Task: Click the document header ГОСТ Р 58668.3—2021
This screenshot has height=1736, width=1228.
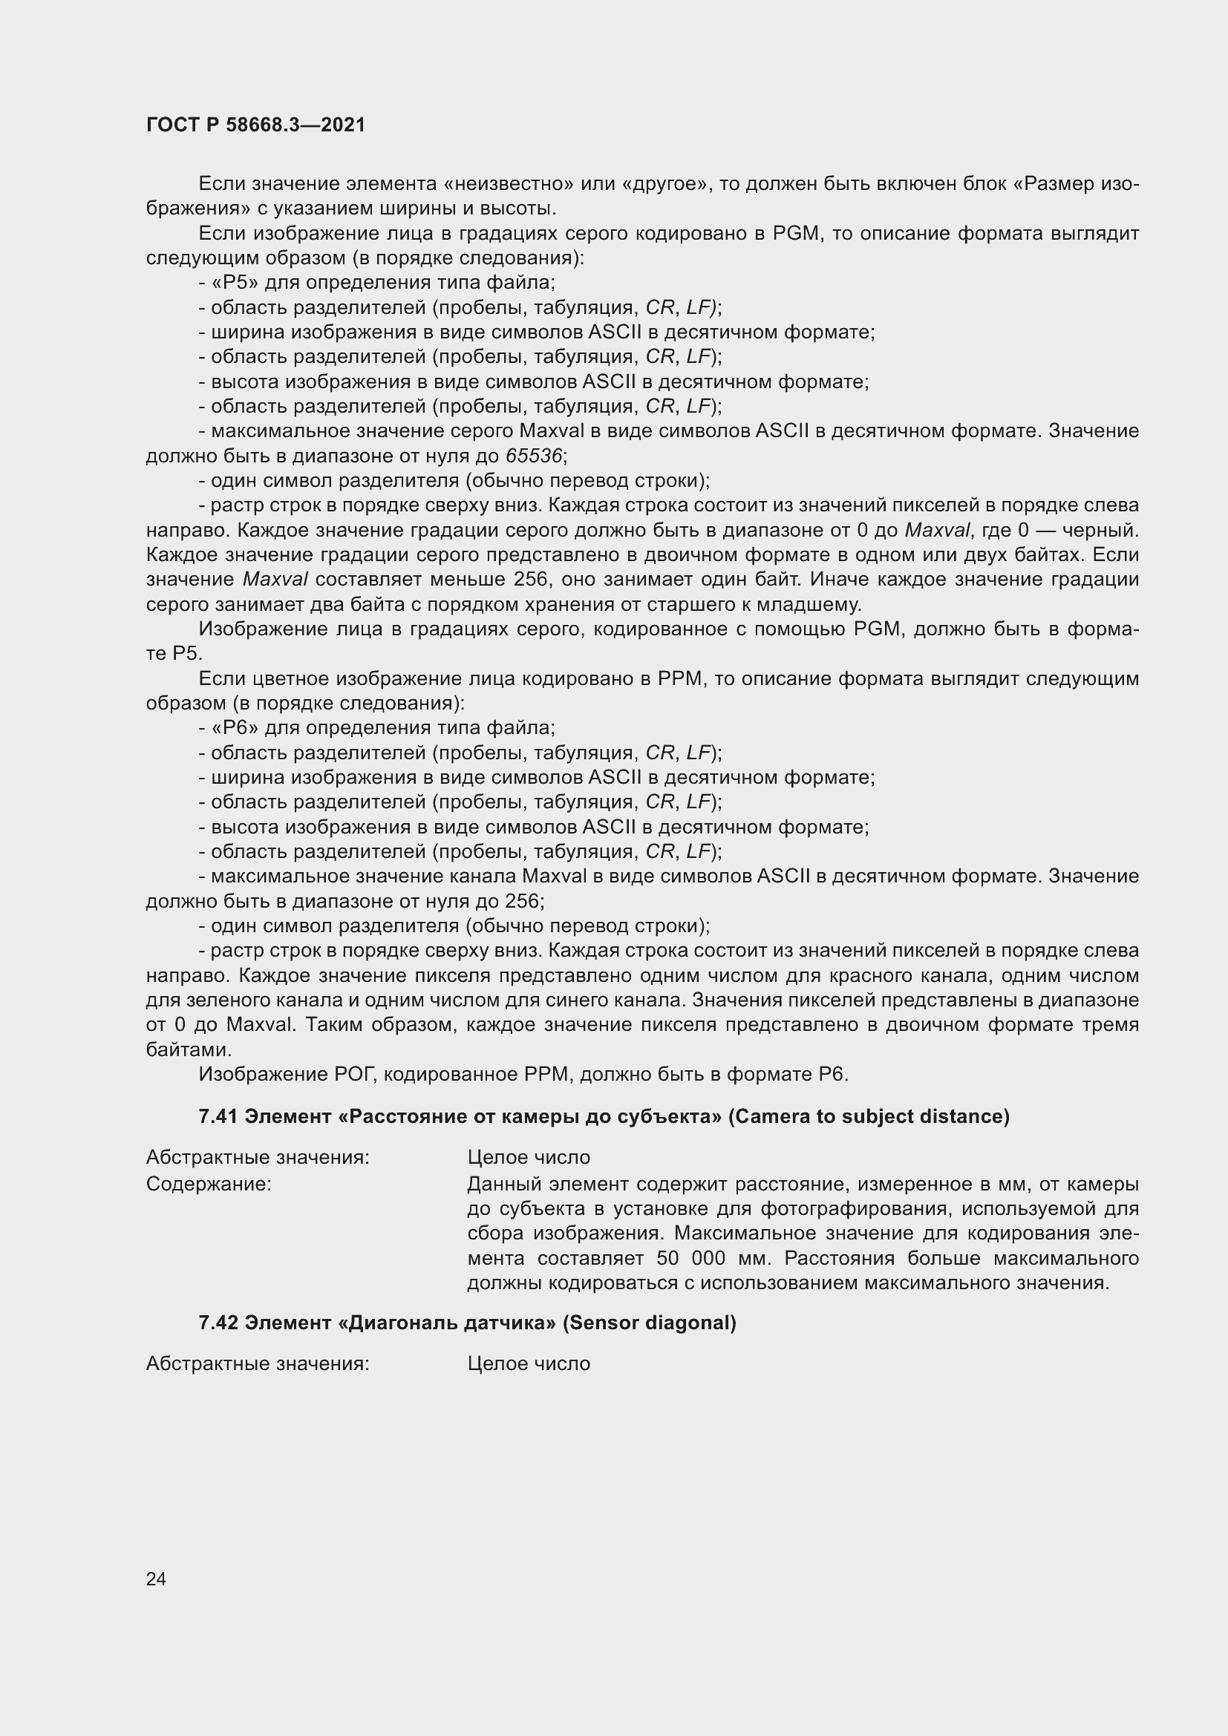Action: pos(255,125)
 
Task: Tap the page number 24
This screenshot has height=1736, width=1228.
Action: pos(156,1579)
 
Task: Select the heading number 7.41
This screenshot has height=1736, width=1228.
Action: pos(218,1117)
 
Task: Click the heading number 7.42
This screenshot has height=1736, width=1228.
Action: pos(218,1323)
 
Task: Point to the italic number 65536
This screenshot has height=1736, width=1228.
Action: pos(534,456)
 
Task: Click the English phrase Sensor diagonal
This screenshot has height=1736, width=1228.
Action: pos(650,1323)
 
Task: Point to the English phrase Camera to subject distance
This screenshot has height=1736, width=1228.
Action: pos(869,1117)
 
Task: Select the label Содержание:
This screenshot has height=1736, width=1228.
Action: pos(209,1184)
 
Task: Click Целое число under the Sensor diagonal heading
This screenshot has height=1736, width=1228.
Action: pos(529,1364)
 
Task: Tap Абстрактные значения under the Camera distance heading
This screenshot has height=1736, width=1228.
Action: pos(257,1158)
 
